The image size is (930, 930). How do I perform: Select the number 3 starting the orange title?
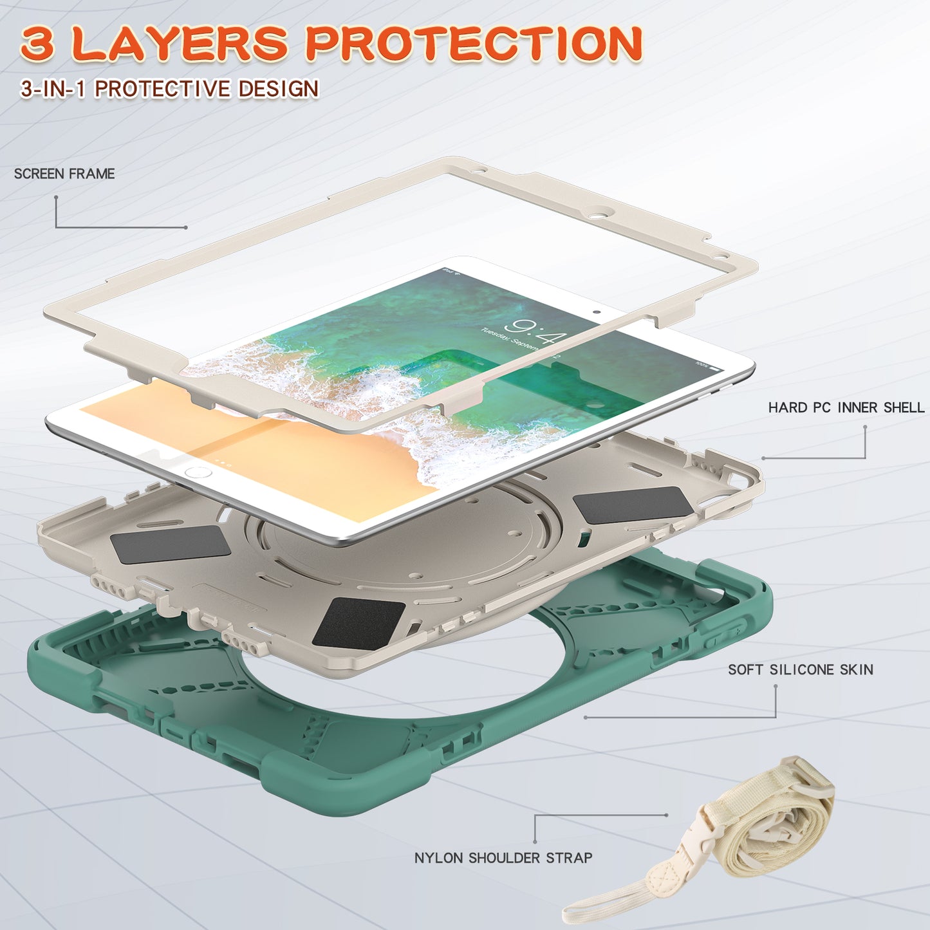(37, 44)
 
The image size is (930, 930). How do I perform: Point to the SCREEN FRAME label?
(64, 174)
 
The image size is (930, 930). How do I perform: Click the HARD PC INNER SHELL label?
(846, 407)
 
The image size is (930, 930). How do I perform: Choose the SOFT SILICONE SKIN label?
(800, 669)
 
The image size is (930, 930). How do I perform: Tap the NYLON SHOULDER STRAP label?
(503, 858)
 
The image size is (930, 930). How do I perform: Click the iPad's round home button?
(198, 472)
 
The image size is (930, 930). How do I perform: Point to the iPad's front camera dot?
(597, 312)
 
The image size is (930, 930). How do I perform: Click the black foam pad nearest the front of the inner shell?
(358, 622)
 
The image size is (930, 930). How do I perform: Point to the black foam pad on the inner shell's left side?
(171, 544)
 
